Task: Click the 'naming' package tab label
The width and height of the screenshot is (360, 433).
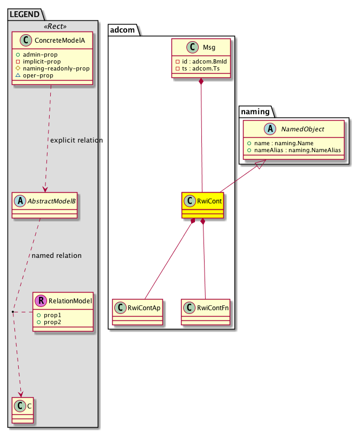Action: click(x=255, y=112)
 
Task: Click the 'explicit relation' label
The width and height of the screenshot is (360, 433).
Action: click(x=76, y=140)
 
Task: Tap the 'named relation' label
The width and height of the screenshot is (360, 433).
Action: click(x=57, y=256)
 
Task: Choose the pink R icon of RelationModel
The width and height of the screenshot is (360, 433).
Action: click(x=40, y=301)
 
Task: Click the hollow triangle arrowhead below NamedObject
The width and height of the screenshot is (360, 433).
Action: click(x=257, y=167)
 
